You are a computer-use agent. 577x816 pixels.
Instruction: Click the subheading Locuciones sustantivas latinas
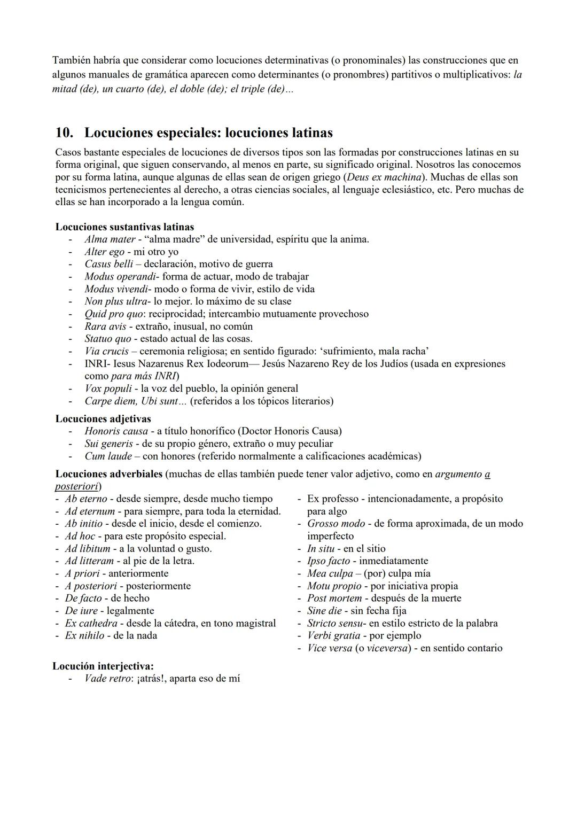(124, 227)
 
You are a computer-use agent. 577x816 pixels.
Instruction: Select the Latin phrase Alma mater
(110, 239)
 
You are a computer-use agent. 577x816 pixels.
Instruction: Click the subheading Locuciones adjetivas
(103, 419)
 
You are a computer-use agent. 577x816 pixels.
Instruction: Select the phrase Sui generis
(108, 444)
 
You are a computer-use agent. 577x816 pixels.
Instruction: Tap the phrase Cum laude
(108, 456)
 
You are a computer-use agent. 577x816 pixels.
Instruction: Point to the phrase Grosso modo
(336, 524)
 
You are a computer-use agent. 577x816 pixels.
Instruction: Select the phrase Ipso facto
(329, 561)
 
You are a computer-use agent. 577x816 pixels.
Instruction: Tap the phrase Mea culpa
(330, 573)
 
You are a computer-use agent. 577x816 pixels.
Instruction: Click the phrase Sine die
(324, 611)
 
